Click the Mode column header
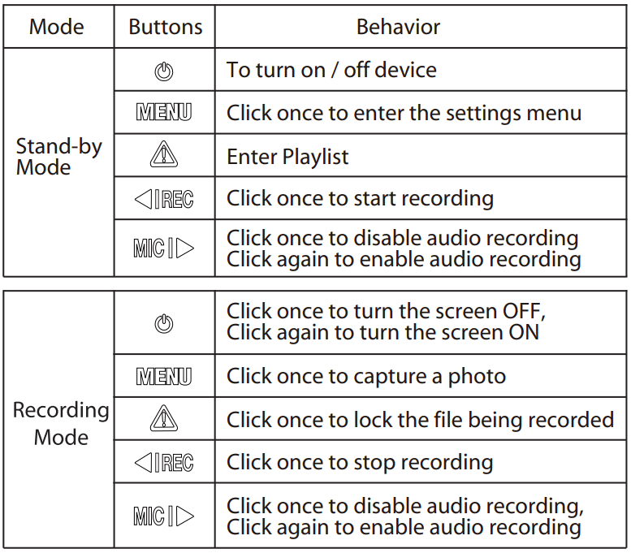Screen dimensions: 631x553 click(57, 27)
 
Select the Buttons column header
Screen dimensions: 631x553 click(166, 27)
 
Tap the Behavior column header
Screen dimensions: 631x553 click(399, 27)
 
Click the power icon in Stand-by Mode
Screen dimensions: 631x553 click(164, 71)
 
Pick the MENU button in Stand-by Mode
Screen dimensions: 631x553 click(164, 112)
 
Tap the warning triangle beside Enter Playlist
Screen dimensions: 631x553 click(164, 154)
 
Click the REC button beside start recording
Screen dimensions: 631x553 click(164, 199)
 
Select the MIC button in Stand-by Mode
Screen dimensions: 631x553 click(164, 248)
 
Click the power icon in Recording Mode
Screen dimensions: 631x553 click(164, 323)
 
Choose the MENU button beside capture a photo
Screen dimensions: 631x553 click(164, 376)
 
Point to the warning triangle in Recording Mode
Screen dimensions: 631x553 click(164, 418)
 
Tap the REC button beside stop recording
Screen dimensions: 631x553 click(164, 462)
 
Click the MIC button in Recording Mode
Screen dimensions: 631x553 click(164, 516)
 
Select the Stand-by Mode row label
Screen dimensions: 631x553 click(58, 157)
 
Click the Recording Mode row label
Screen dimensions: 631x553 click(61, 424)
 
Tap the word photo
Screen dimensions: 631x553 click(477, 377)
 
